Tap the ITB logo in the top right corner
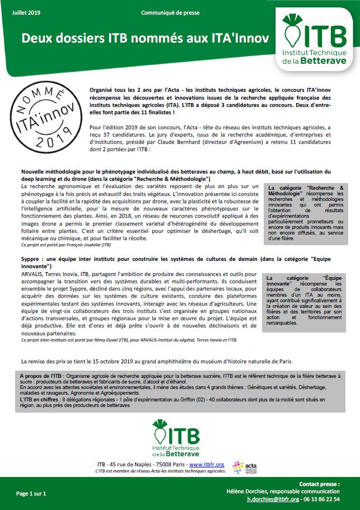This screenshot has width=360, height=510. [314, 44]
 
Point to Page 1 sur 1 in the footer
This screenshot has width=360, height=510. [30, 494]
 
